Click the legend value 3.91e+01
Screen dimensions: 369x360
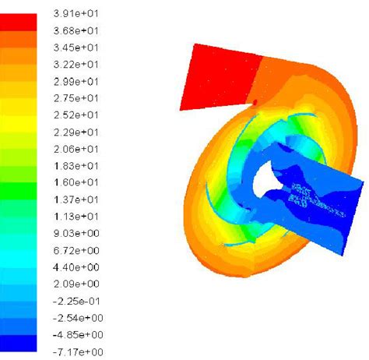click(x=76, y=13)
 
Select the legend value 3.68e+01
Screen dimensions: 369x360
click(x=76, y=31)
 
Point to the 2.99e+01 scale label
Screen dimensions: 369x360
click(x=76, y=82)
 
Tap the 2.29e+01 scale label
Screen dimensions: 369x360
click(x=76, y=132)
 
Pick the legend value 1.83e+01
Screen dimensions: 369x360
click(x=76, y=166)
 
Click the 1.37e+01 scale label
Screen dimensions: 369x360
click(x=76, y=199)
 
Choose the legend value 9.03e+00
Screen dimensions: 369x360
click(x=76, y=233)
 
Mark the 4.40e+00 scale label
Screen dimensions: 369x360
click(x=76, y=267)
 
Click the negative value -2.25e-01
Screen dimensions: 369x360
click(x=76, y=302)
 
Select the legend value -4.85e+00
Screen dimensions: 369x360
click(x=78, y=335)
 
